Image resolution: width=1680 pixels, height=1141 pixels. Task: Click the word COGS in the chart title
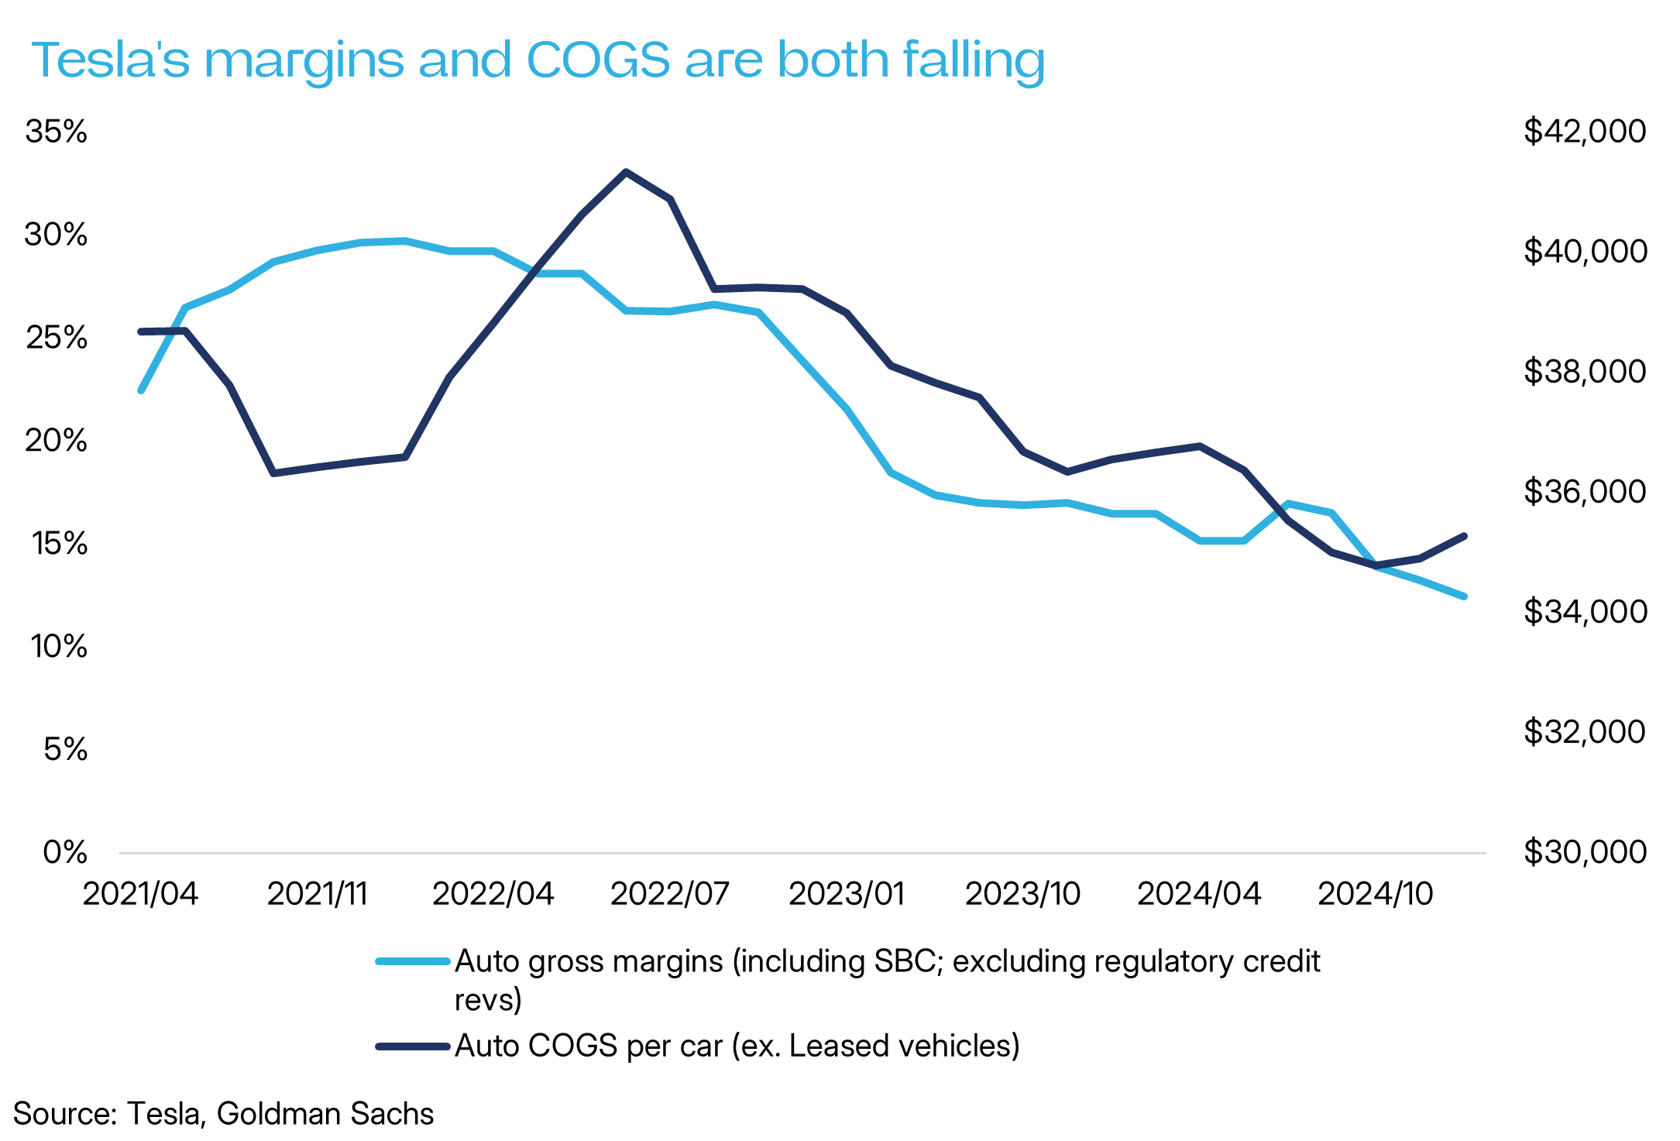point(598,60)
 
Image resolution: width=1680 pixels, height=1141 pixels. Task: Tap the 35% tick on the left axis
point(56,132)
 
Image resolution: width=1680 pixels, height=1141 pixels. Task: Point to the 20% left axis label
point(56,441)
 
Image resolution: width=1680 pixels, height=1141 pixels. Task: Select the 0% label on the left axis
point(65,852)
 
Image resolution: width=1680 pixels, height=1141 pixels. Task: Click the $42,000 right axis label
point(1585,131)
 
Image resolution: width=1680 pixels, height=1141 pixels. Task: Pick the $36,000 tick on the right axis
point(1585,491)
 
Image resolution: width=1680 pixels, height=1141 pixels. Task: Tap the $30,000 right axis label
point(1585,852)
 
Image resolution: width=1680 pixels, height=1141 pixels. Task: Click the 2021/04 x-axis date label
point(140,894)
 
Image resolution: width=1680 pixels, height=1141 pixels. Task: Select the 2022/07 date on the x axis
point(670,894)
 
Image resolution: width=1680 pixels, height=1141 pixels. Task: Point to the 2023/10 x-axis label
point(1022,894)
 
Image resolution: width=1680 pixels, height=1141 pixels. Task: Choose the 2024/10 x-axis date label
point(1376,894)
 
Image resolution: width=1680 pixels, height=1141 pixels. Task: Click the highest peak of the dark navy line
point(626,171)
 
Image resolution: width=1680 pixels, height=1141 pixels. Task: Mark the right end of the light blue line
point(1464,596)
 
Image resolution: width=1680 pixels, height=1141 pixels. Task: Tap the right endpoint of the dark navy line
point(1465,535)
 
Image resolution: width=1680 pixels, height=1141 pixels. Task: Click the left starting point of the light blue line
point(141,390)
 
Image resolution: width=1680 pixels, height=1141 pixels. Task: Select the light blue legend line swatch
point(413,961)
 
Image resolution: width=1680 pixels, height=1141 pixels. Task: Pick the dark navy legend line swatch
point(413,1046)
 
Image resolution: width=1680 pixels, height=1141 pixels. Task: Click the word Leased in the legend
point(829,1046)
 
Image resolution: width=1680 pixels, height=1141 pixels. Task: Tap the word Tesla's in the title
point(111,60)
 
